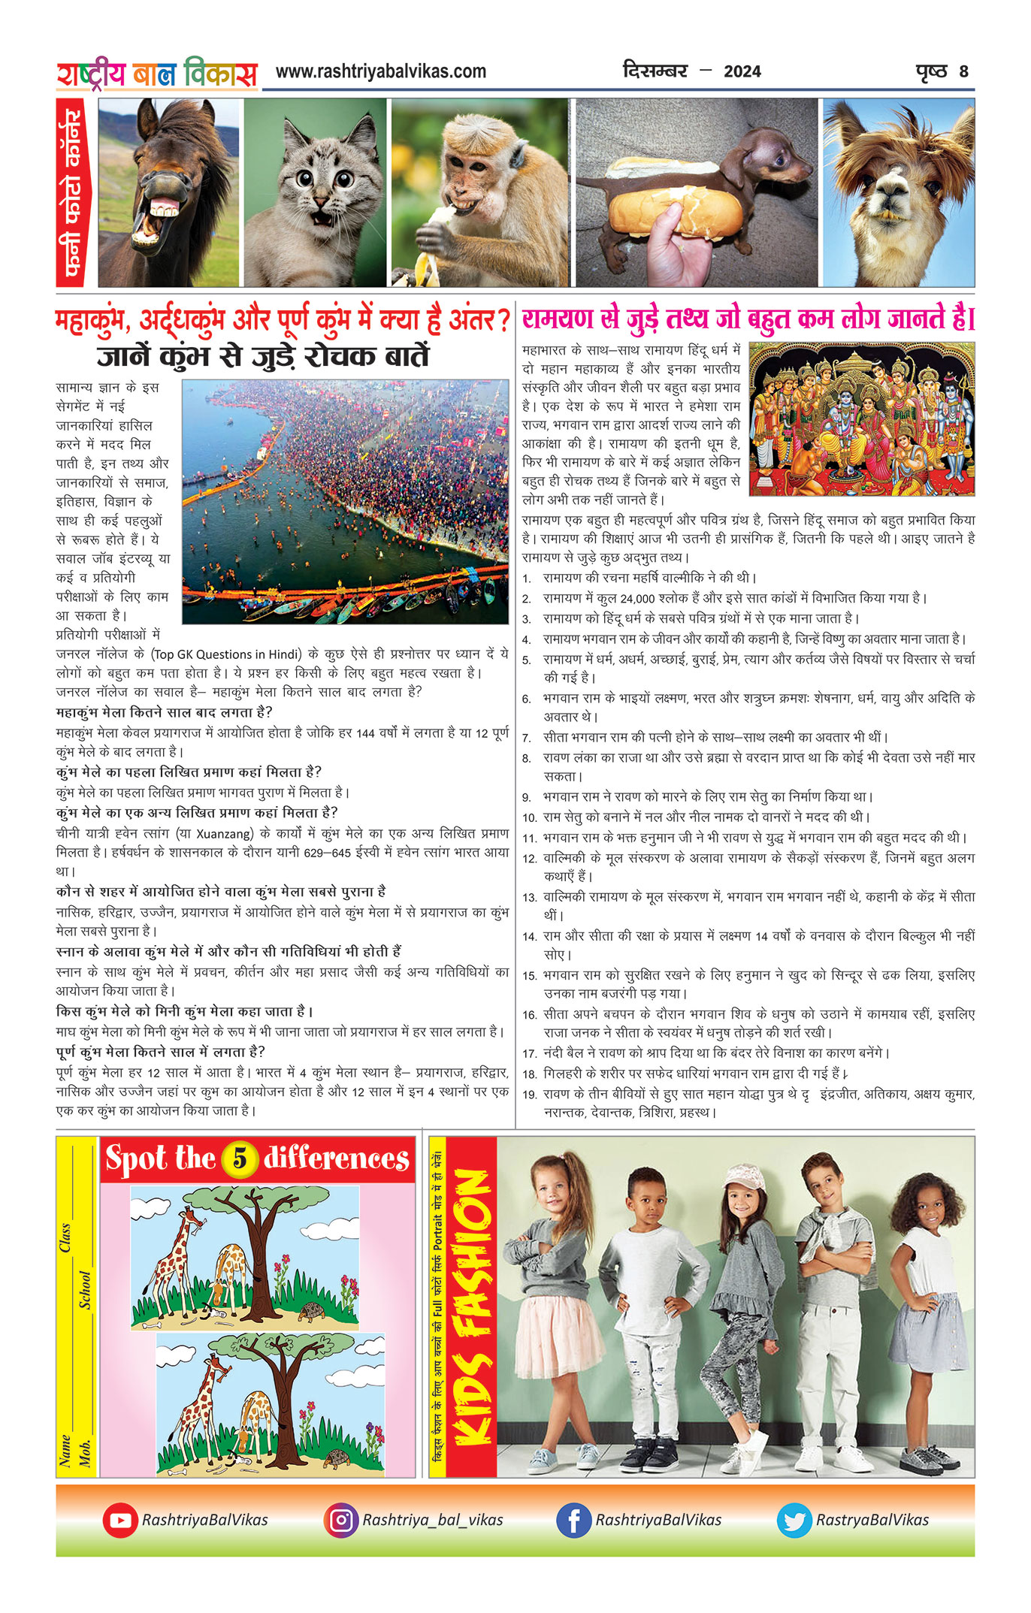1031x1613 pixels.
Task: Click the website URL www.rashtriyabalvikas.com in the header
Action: pos(380,71)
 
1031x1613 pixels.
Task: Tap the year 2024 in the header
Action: pos(742,72)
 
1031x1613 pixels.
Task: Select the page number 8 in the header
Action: pos(963,72)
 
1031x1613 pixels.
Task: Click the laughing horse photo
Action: pos(168,192)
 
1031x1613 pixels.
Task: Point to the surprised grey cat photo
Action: pos(315,192)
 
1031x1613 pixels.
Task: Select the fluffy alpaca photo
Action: pos(898,192)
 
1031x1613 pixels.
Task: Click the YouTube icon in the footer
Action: pos(120,1520)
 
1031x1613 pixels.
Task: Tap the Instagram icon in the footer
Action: pos(341,1520)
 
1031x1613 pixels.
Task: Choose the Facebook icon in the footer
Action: pos(573,1520)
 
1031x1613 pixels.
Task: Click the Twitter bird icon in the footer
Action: pos(794,1520)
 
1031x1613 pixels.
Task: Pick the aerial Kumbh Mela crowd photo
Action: pos(345,501)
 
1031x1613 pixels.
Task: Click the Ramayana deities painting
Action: pos(862,418)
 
